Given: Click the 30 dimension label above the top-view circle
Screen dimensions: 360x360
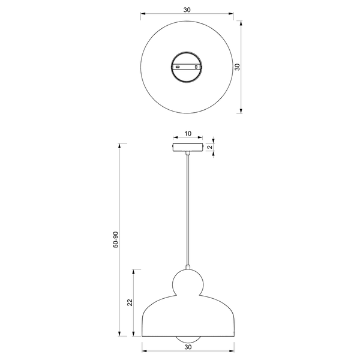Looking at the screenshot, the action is tap(187, 10).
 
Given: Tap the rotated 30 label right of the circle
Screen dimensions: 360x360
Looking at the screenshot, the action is tap(238, 67).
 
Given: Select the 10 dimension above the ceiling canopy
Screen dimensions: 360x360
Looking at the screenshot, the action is tap(188, 133).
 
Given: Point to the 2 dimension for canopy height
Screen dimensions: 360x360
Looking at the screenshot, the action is tap(210, 147).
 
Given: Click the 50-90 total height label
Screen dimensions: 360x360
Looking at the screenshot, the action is tap(116, 239).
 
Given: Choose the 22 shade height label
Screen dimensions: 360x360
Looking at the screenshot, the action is tap(130, 302).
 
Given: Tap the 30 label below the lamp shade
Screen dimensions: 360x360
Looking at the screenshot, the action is tap(188, 347).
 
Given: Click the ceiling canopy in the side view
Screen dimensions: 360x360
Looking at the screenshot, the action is tap(188, 147).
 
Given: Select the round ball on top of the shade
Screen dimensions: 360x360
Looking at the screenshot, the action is tap(188, 283).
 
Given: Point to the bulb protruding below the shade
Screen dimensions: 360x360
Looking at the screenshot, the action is tap(188, 340).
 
